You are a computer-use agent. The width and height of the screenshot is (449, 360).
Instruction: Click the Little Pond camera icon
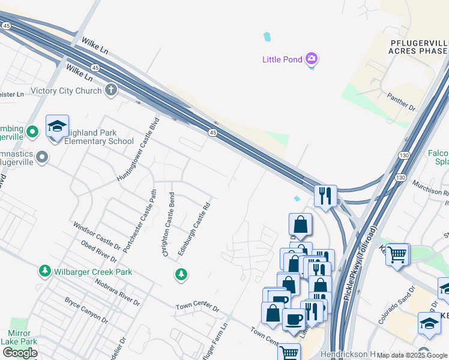(312, 59)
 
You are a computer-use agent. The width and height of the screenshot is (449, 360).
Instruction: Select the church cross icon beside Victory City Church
(110, 91)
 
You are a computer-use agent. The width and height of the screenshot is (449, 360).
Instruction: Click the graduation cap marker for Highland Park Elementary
(57, 127)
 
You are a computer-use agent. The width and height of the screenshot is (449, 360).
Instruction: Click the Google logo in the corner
(20, 353)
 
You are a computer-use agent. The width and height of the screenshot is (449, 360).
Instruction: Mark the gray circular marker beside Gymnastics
(41, 157)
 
